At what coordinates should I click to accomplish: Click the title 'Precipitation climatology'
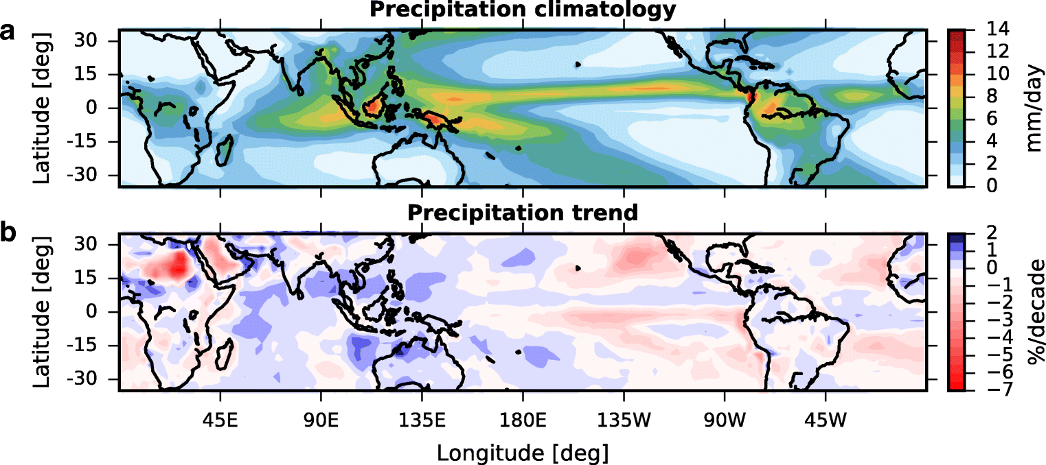pyautogui.click(x=522, y=10)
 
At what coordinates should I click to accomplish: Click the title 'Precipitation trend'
pyautogui.click(x=522, y=213)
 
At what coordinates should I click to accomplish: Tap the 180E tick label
pyautogui.click(x=523, y=418)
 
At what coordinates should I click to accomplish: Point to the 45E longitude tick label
pyautogui.click(x=220, y=418)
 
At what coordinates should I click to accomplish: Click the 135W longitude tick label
pyautogui.click(x=624, y=418)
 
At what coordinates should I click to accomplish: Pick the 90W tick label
pyautogui.click(x=725, y=418)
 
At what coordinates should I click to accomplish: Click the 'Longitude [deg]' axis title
pyautogui.click(x=522, y=453)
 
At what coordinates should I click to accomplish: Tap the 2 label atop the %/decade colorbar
pyautogui.click(x=978, y=233)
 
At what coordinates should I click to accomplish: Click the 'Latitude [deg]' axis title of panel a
pyautogui.click(x=43, y=108)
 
